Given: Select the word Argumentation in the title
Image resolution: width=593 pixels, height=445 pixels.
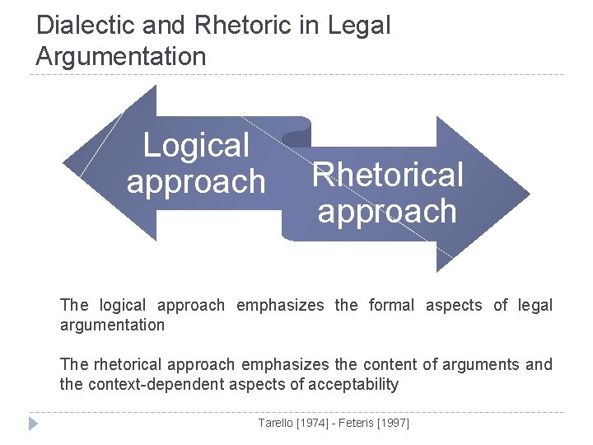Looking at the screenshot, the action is (121, 56).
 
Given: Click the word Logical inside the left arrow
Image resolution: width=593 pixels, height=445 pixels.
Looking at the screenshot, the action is (196, 146).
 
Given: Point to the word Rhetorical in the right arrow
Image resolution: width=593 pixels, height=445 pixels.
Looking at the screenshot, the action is (387, 175).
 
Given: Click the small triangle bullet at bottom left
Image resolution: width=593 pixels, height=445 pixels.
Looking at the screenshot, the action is (33, 424).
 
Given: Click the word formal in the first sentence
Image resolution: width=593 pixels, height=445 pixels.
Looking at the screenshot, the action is (391, 305).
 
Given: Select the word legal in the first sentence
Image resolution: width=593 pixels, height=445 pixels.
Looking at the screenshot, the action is (535, 305).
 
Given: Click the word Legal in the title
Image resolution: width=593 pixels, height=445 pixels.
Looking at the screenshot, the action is (358, 25).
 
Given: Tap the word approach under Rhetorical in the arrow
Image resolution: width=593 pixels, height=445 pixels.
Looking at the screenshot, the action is (387, 212).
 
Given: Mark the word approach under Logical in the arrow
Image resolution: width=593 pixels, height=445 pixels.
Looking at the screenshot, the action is (196, 181).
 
